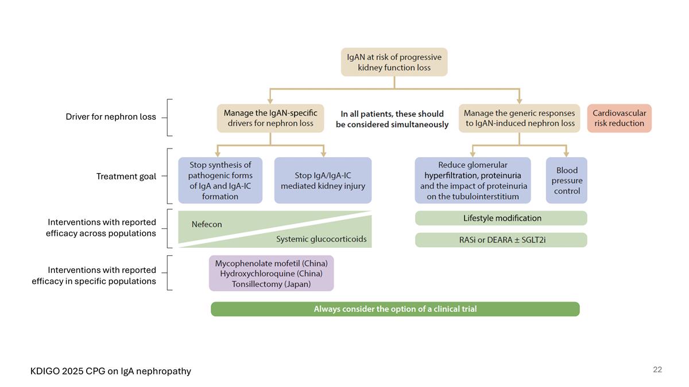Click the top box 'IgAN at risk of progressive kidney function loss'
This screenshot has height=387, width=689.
click(x=394, y=62)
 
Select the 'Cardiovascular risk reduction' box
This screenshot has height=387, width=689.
click(x=619, y=118)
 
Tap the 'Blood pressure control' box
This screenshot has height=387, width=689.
click(x=567, y=181)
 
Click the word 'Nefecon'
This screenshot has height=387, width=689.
click(x=207, y=224)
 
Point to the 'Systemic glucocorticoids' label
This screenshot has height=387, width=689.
click(x=321, y=239)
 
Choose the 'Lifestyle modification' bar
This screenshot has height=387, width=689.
click(x=501, y=218)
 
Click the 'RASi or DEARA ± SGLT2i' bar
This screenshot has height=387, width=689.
click(x=501, y=240)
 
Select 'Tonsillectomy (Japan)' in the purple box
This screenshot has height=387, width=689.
click(x=271, y=284)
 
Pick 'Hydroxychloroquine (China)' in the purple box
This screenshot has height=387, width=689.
click(x=271, y=273)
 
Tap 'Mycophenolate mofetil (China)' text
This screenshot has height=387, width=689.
click(x=271, y=263)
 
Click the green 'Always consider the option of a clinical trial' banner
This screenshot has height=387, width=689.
click(x=395, y=309)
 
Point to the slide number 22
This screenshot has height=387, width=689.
click(x=657, y=370)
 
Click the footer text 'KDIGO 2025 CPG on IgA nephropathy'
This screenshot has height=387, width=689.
click(x=111, y=371)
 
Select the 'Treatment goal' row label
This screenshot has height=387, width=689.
click(x=126, y=177)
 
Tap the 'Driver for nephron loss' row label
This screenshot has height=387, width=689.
click(x=111, y=117)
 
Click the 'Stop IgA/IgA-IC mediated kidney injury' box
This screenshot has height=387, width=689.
click(x=323, y=181)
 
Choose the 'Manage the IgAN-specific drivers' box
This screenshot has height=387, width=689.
click(x=270, y=118)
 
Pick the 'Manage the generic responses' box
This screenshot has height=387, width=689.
click(x=519, y=118)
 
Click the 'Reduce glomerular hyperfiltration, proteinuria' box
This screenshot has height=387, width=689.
click(x=473, y=181)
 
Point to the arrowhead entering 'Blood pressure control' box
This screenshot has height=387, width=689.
click(x=567, y=154)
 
